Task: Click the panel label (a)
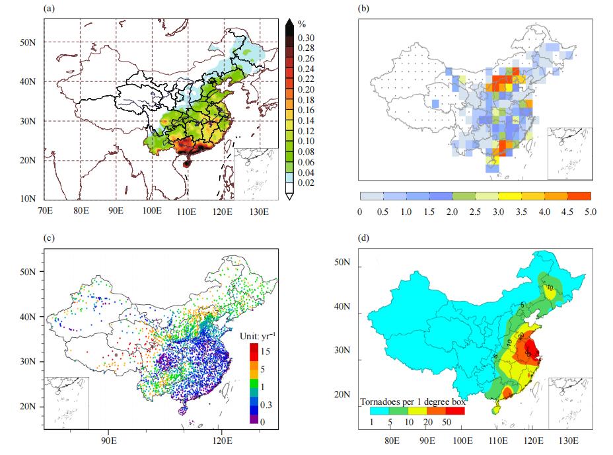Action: (50, 9)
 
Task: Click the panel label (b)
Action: (363, 9)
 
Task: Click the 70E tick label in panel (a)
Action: (46, 212)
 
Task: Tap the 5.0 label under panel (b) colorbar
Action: (590, 212)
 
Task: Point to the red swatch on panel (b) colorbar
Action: (579, 196)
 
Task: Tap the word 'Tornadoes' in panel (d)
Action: (380, 401)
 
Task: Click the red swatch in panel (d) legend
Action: (454, 411)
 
